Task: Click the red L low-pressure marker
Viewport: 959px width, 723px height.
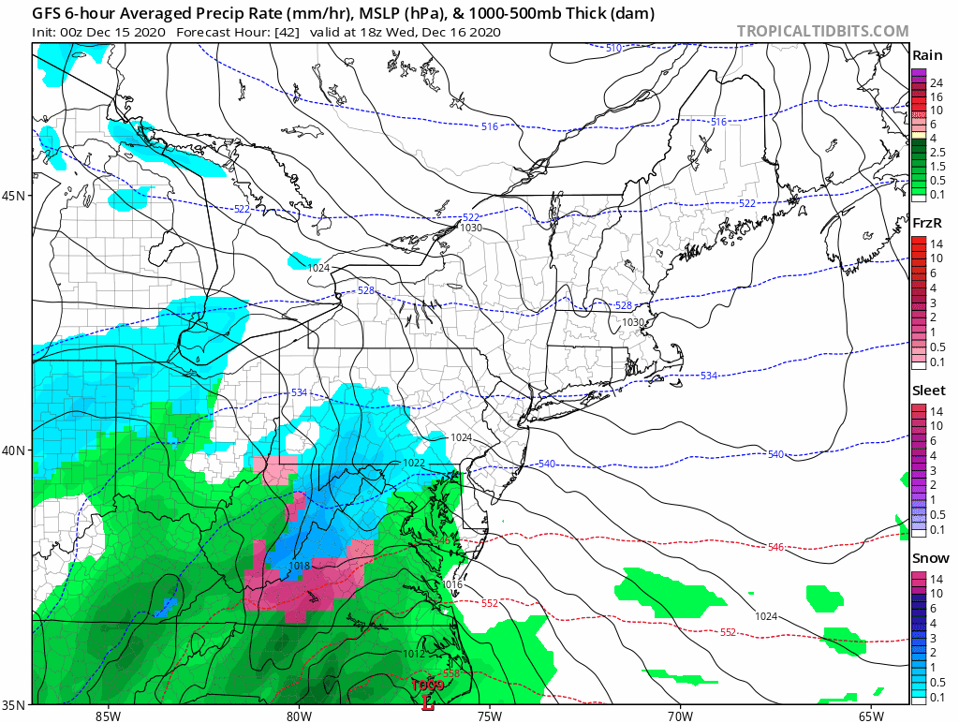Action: click(x=428, y=697)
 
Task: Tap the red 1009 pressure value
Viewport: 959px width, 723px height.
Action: click(x=428, y=685)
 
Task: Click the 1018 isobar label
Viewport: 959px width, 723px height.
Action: click(x=300, y=566)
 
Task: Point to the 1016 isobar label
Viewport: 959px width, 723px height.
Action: click(x=452, y=584)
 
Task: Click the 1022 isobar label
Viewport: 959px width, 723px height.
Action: click(x=414, y=464)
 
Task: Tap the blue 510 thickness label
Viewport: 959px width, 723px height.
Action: click(x=613, y=48)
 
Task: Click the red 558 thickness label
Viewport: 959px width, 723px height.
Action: click(x=450, y=674)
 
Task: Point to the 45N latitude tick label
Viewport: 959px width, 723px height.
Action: click(x=16, y=196)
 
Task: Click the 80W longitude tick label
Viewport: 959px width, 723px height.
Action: click(x=299, y=716)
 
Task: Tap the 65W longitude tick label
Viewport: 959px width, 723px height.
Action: click(x=870, y=716)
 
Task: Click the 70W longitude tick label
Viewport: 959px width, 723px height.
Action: click(x=680, y=716)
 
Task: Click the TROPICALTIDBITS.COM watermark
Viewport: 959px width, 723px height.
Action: click(x=822, y=31)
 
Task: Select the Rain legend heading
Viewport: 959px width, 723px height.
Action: click(x=926, y=55)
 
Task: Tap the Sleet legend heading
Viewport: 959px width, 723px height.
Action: click(x=927, y=390)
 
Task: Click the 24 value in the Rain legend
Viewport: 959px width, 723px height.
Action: click(x=936, y=83)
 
